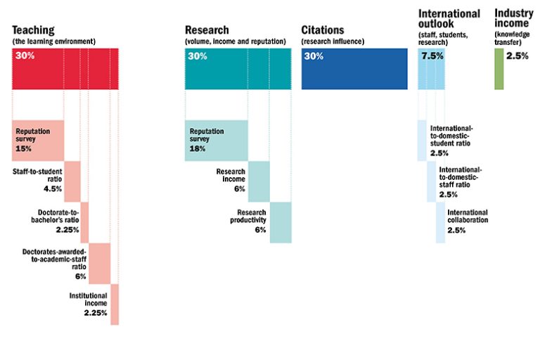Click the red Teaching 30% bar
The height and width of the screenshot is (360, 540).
(x=65, y=69)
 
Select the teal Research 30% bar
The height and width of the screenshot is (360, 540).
(x=238, y=69)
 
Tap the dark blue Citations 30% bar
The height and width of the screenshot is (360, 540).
(x=354, y=69)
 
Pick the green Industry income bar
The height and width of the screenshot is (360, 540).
(x=499, y=69)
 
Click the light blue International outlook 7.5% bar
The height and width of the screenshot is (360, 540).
(x=431, y=69)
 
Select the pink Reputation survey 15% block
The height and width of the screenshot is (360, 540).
(x=39, y=141)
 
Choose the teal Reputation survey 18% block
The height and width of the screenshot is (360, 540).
(x=217, y=141)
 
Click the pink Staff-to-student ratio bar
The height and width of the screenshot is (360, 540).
(x=72, y=181)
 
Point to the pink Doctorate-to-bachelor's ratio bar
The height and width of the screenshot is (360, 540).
(x=85, y=222)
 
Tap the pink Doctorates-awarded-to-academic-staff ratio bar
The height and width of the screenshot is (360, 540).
(x=100, y=263)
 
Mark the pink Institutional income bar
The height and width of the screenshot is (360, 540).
(x=115, y=304)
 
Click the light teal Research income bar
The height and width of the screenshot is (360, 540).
(x=259, y=181)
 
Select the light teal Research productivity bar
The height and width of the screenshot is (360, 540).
(x=281, y=222)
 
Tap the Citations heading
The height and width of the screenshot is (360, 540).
(x=323, y=30)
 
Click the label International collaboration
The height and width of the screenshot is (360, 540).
(x=468, y=216)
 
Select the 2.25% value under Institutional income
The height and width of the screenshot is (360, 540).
(x=95, y=312)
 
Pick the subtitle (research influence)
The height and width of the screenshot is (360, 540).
(x=333, y=41)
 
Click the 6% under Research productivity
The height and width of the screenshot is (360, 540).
(x=260, y=230)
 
